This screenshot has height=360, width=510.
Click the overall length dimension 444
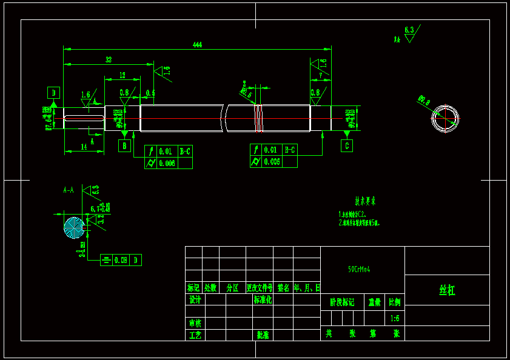point(197,44)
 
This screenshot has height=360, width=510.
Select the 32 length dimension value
point(109,59)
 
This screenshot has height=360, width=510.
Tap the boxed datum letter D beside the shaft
point(54,93)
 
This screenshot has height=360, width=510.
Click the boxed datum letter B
point(124,146)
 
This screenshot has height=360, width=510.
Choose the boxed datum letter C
point(346,146)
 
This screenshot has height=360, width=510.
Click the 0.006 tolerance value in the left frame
point(167,163)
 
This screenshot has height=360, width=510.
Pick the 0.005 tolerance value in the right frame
point(272,162)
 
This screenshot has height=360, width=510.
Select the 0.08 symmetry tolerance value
point(121,260)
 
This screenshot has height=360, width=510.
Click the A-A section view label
point(69,190)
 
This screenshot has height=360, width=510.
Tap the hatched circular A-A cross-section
point(75,227)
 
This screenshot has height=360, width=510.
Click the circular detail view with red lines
point(445,119)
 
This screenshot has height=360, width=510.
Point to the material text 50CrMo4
point(359,269)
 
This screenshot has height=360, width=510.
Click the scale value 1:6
point(395,318)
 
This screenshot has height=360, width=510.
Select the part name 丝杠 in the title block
point(447,290)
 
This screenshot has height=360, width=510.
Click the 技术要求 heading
point(365,201)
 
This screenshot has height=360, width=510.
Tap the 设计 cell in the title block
point(195,300)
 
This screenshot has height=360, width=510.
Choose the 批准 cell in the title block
point(263,335)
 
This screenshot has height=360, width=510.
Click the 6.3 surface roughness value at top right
point(409,29)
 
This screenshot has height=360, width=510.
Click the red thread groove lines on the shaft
point(259,118)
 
